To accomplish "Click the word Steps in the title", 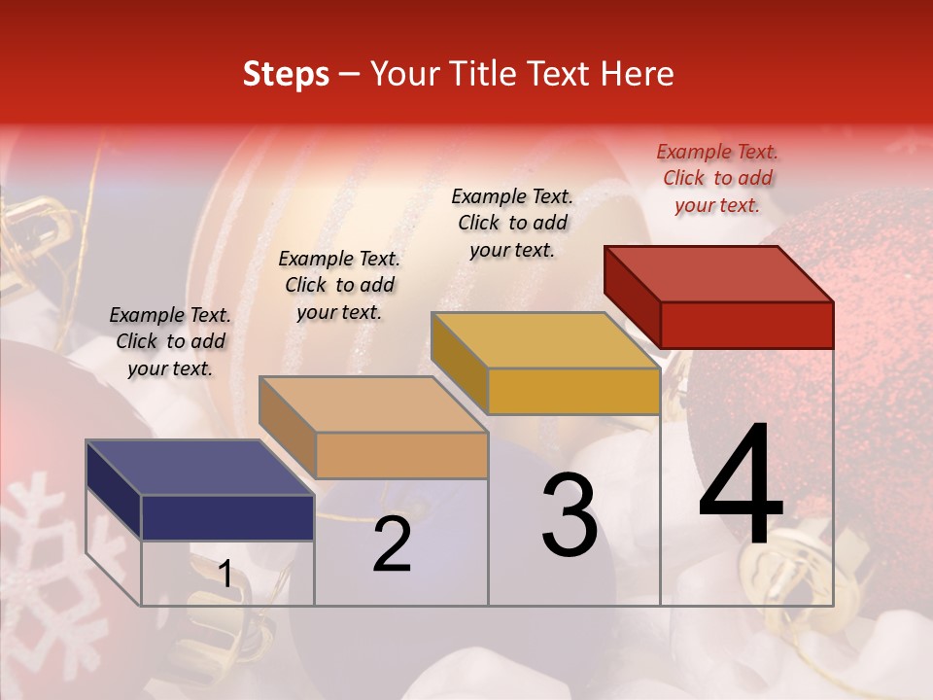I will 285,74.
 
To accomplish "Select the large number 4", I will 741,486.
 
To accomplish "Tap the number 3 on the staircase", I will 570,515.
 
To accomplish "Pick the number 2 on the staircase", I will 392,545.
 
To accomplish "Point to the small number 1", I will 225,575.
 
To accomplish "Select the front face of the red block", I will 746,325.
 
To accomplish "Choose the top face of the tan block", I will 373,404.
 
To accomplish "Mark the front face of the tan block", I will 401,455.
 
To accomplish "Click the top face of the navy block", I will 200,468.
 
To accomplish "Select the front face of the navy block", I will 227,517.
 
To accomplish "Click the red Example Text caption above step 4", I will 717,178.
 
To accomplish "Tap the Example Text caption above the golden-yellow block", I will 512,223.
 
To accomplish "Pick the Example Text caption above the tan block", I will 339,285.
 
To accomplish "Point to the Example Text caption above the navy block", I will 170,341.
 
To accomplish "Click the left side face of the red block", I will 632,292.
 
